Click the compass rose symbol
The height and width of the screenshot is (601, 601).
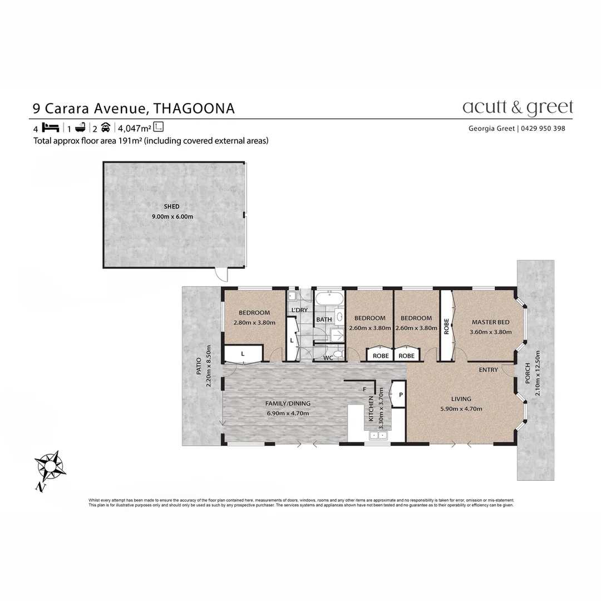(x=50, y=466)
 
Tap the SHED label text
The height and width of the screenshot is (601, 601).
(x=171, y=206)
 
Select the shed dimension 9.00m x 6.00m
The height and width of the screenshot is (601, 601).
(x=172, y=216)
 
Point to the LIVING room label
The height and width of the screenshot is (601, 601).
(x=461, y=399)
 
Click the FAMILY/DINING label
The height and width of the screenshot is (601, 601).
(x=288, y=403)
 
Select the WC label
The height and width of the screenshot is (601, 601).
(x=328, y=358)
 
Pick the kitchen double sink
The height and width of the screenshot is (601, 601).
(x=378, y=435)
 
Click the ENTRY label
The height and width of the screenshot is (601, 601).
(x=488, y=370)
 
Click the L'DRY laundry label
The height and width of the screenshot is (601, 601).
(x=299, y=310)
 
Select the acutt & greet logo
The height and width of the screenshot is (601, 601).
(x=517, y=107)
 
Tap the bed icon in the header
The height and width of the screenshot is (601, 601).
(x=50, y=126)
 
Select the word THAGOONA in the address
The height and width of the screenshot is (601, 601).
(x=194, y=108)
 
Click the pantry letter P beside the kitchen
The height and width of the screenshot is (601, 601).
(x=400, y=395)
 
